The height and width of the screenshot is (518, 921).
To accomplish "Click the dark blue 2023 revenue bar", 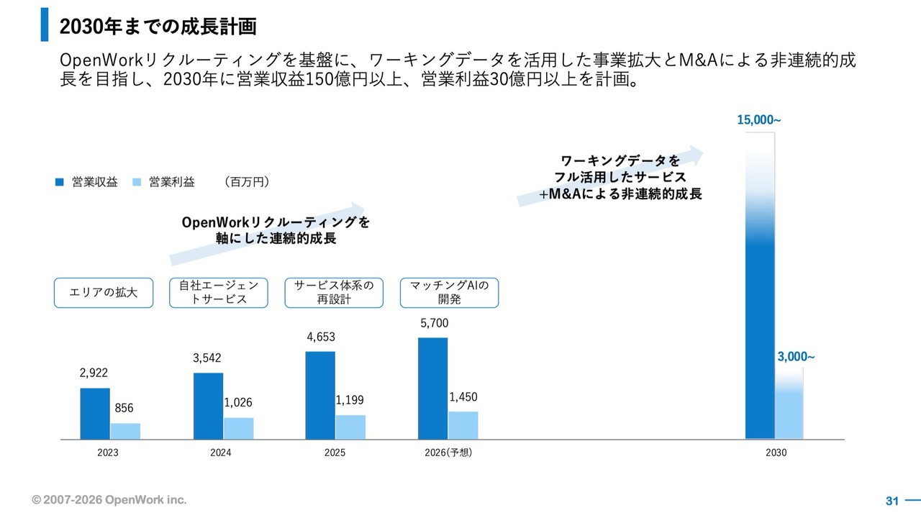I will pos(95,413).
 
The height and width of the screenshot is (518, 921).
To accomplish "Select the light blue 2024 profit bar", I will pos(238,428).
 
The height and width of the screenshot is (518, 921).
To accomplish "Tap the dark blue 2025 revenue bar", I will pos(320,395).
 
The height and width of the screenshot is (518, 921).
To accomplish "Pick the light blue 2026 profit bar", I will pos(463,425).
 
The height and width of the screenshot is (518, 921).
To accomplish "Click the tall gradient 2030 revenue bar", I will pos(760,302).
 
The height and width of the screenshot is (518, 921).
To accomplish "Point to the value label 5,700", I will pos(434,324).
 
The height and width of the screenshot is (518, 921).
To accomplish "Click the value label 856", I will pos(124,408).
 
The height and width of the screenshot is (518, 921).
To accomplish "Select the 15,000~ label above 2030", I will pos(758,120).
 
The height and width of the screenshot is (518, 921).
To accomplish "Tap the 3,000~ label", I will pos(796,355).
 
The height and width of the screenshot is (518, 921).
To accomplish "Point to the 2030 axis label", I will pos(776,453).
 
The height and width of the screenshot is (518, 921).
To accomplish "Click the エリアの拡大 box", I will pos(104,293).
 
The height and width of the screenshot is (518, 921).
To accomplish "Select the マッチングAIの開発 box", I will pos(449,293).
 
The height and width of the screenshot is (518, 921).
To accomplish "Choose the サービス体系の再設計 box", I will pos(334,293).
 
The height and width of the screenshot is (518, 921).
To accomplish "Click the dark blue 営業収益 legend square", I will pos(60,182).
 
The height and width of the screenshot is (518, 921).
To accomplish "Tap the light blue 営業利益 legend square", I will pos(137,182).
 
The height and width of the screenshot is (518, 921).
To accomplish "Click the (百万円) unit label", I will pos(247,182).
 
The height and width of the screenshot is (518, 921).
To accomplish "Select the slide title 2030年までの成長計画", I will pos(158,27).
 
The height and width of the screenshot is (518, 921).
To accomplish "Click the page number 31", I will pos(892,501).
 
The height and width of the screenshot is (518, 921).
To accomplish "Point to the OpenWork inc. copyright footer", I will pos(109,499).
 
